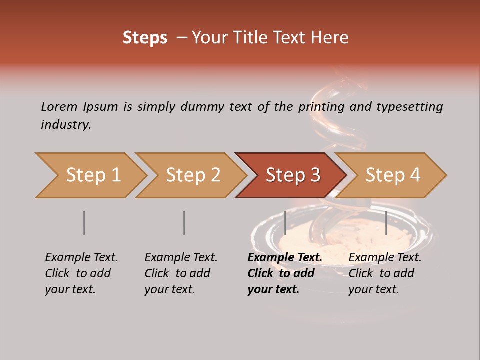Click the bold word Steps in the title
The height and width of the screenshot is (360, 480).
pyautogui.click(x=145, y=38)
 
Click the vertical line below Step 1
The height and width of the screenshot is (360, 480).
pyautogui.click(x=84, y=223)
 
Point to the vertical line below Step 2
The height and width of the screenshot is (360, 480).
pyautogui.click(x=184, y=223)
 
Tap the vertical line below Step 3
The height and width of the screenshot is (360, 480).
pyautogui.click(x=285, y=223)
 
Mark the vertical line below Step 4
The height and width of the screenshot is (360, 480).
pyautogui.click(x=386, y=223)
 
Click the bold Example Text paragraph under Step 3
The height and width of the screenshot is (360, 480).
pyautogui.click(x=284, y=273)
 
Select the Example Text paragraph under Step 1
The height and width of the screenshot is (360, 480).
pyautogui.click(x=81, y=273)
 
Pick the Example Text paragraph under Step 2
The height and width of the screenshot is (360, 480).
pyautogui.click(x=181, y=273)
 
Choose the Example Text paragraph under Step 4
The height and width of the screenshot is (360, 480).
pyautogui.click(x=385, y=273)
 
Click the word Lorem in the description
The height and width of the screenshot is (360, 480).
pyautogui.click(x=59, y=106)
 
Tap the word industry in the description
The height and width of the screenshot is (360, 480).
pyautogui.click(x=65, y=125)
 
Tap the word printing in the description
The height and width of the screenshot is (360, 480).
pyautogui.click(x=321, y=107)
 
